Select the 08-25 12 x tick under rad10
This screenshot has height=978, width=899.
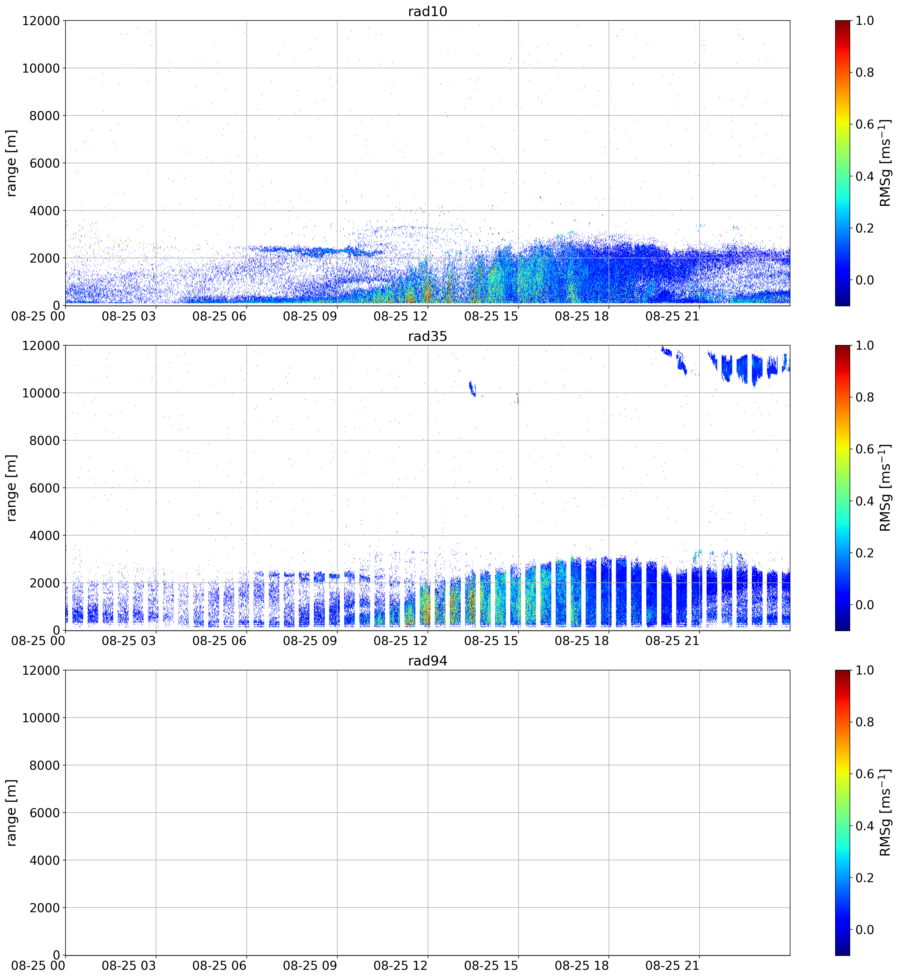point(400,316)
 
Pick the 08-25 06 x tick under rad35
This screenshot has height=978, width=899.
point(219,641)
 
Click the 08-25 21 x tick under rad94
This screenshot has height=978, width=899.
point(672,965)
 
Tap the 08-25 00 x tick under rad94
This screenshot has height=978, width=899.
point(38,965)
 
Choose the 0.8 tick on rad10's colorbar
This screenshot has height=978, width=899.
point(864,73)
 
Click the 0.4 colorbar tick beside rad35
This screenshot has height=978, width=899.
point(864,501)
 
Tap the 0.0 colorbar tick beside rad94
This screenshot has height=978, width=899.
point(864,930)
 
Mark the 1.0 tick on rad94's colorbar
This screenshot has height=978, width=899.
point(864,670)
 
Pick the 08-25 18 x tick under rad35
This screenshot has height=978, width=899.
point(582,641)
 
